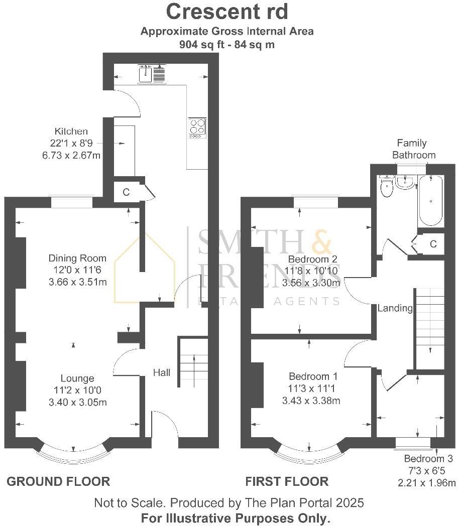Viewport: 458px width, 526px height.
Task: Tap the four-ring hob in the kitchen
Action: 197,127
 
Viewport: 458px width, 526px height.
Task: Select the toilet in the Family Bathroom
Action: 387,188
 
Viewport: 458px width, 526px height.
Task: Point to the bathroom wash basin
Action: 405,183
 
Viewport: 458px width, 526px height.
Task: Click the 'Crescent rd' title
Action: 227,11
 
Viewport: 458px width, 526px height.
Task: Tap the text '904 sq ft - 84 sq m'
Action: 227,44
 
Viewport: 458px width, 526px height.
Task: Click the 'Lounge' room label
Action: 77,378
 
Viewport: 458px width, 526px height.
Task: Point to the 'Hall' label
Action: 162,372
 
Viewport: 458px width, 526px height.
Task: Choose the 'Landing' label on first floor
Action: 395,308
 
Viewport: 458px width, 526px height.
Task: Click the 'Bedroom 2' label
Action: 312,259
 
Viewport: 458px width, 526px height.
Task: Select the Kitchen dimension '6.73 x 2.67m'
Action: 71,156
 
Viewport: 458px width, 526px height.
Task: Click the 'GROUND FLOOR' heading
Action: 58,482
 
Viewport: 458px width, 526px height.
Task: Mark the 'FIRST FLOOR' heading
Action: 287,482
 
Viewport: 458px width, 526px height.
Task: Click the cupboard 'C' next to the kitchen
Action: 126,192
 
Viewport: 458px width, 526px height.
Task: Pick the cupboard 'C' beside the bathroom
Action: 433,244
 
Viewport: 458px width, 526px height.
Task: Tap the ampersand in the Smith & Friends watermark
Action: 321,243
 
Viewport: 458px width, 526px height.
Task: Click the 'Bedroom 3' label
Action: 428,459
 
